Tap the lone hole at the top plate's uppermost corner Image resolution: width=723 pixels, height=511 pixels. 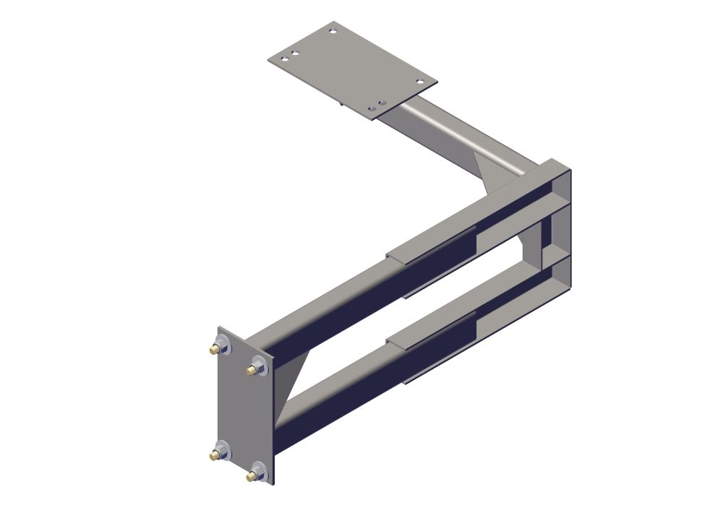click(x=333, y=31)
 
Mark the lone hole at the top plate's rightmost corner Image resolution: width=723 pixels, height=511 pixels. click(x=419, y=82)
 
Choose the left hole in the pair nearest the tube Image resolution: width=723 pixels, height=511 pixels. click(x=372, y=108)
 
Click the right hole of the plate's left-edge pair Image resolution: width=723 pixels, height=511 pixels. click(x=295, y=54)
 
